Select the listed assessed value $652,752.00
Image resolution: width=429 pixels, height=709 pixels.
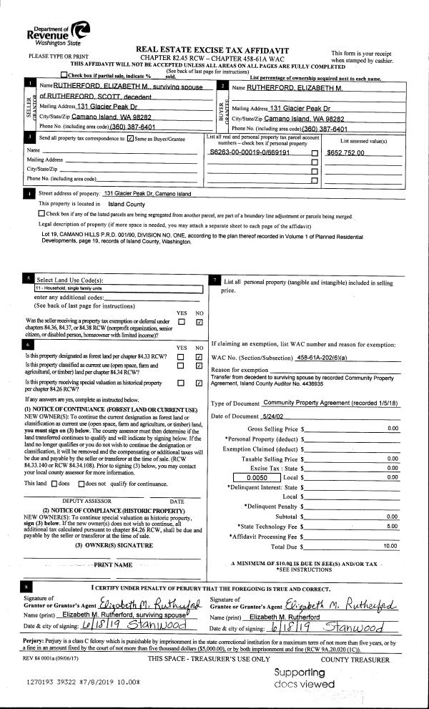[x=345, y=152]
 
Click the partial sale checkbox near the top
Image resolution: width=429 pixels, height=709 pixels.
[x=65, y=74]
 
